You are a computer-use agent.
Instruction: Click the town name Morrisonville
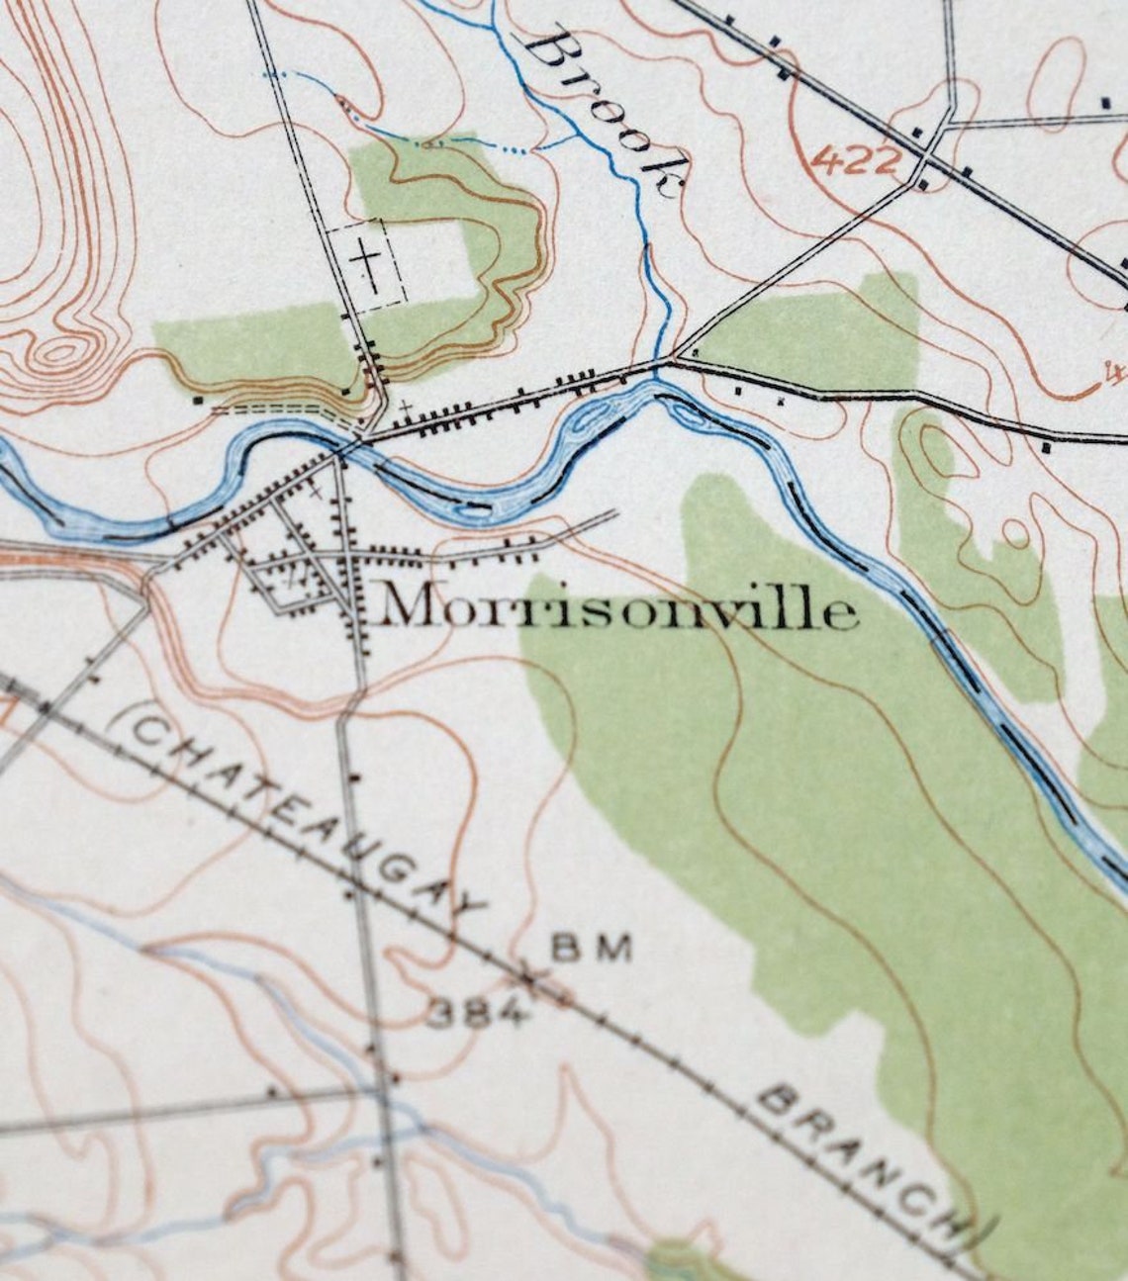point(618,608)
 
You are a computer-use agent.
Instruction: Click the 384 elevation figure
point(475,1012)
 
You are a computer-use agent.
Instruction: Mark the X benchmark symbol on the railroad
point(532,979)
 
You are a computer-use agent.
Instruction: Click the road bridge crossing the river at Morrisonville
point(342,450)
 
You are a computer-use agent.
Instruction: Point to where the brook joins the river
point(656,379)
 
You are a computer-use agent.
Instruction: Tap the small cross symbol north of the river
point(405,406)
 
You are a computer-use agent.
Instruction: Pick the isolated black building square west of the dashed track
point(198,401)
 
